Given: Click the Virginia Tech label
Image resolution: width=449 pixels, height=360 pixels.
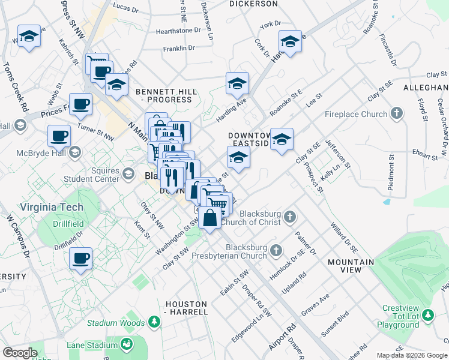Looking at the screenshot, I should tap(41, 207).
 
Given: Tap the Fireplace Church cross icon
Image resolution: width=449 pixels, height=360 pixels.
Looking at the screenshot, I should tap(396, 113).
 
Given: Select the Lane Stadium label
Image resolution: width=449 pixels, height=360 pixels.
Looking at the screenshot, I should tap(91, 345).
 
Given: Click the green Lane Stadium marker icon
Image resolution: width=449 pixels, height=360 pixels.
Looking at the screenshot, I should tap(127, 344).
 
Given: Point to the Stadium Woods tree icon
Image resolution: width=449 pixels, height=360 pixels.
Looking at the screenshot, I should tap(155, 323).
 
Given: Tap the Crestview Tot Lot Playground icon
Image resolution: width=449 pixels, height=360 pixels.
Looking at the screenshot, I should tap(427, 315).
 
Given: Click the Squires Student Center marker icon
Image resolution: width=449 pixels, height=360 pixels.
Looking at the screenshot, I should tap(128, 174).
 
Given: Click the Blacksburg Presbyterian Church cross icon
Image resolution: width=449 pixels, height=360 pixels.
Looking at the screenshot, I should tap(276, 249).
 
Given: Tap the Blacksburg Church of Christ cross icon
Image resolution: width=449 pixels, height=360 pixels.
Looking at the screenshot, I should tap(289, 216).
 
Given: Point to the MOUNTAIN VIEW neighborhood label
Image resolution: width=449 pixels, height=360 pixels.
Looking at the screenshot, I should tap(351, 266).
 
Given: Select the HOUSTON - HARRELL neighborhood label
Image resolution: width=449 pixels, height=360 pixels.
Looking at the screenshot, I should tap(187, 308).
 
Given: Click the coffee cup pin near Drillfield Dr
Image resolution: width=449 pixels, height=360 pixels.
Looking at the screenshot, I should tap(80, 259).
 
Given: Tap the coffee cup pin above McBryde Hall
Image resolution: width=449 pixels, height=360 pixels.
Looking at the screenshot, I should tap(59, 136).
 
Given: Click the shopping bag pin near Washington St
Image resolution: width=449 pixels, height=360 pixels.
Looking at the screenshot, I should tap(210, 218).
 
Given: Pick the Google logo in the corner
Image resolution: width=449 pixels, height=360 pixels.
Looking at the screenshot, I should tap(20, 353).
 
